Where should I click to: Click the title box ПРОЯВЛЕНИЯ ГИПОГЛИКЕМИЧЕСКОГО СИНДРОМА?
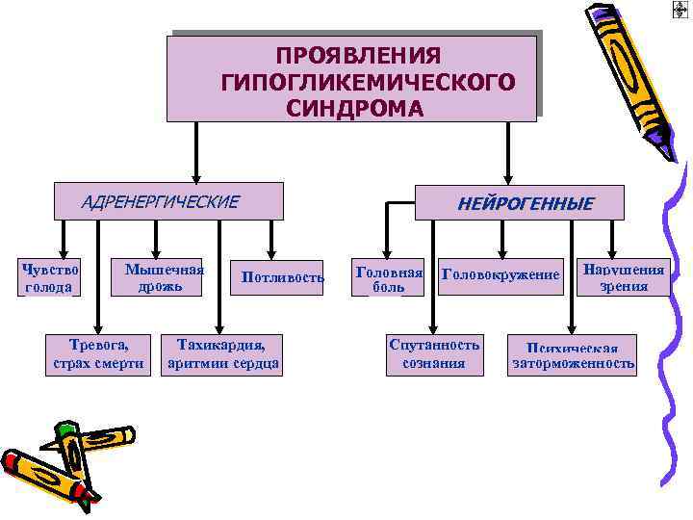352,79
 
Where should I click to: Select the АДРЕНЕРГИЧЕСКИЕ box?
169,201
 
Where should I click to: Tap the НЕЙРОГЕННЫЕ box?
519,203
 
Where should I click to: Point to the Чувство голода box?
49,277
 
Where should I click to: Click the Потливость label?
276,278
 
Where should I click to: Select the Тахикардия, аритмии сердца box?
223,353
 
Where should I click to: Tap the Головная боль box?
389,277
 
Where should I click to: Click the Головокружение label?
500,276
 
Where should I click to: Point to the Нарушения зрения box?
624,277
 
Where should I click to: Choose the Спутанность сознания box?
433,353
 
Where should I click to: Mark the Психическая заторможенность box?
574,355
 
